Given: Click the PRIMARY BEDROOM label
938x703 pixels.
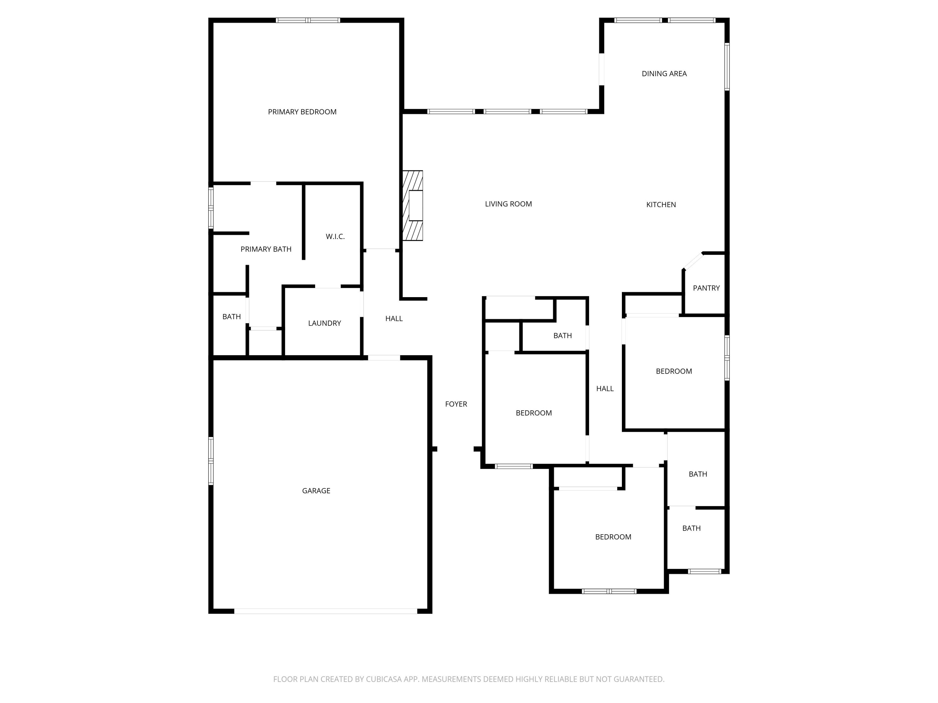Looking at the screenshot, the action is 302,112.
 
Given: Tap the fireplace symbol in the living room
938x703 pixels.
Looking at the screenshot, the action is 413,206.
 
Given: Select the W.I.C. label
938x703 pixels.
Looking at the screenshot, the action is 335,237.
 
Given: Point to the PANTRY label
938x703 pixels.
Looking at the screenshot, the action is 706,288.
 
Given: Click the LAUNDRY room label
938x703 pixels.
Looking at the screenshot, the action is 325,323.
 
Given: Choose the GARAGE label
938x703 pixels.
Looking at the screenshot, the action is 316,491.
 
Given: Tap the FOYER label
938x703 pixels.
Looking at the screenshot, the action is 456,404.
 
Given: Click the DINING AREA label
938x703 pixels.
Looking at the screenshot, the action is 664,74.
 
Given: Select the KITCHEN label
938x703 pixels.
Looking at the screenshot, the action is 661,205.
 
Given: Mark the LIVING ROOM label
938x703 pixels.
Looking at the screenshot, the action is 508,204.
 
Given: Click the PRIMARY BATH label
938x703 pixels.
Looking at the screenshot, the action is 266,249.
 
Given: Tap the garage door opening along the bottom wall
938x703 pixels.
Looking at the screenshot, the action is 326,611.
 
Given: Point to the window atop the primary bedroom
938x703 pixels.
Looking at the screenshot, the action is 308,20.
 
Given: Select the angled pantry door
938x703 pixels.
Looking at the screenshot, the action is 693,261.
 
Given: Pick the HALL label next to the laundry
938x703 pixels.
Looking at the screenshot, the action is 394,319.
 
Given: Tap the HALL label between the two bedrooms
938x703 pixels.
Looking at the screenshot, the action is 605,389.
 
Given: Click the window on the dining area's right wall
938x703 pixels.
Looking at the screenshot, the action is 727,67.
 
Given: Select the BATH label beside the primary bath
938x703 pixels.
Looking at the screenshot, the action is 232,317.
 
